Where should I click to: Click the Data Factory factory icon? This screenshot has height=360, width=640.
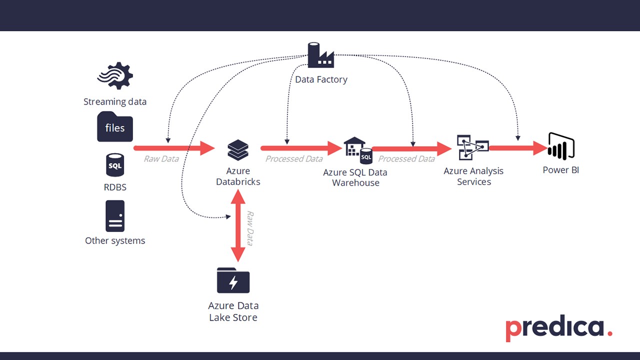[x=320, y=55]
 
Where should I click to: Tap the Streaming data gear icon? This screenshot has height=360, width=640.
[x=115, y=76]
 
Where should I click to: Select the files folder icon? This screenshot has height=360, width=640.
[x=115, y=127]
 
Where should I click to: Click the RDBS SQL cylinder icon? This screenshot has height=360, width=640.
[x=115, y=165]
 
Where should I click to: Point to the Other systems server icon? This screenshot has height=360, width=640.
[x=115, y=216]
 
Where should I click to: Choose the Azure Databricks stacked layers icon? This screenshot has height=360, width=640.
[x=238, y=149]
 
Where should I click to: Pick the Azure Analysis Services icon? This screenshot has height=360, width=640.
[x=472, y=147]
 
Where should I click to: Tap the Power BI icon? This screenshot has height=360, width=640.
[x=561, y=146]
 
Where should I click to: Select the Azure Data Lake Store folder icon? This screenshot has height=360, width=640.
[x=233, y=280]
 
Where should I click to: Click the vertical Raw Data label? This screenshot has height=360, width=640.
[x=249, y=228]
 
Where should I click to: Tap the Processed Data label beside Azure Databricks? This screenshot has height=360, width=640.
[x=294, y=159]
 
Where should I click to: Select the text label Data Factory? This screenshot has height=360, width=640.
[x=321, y=79]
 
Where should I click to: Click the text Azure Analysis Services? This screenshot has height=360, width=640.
[x=473, y=176]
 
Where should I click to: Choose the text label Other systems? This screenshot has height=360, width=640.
[x=115, y=240]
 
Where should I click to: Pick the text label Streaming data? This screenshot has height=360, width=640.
[x=115, y=102]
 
